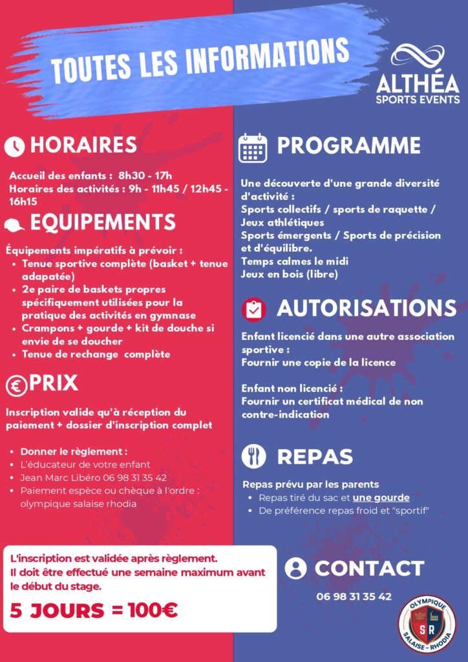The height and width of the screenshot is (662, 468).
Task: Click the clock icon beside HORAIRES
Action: coord(14,147)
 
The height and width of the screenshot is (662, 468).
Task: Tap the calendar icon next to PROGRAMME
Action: coord(252,148)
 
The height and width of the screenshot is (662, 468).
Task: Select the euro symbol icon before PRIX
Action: coord(16,386)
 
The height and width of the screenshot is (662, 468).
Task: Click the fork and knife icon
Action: coord(253,456)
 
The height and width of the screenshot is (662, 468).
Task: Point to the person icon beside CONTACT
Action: coord(295,568)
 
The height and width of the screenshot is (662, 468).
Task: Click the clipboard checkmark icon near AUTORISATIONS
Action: coord(253,309)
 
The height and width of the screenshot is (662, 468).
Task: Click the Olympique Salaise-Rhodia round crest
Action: coord(427,621)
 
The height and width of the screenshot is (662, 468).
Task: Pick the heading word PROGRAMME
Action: coord(348,145)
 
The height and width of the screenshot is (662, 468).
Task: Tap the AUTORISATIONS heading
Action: coord(367,308)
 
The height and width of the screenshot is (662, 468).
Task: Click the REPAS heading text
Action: coord(315,456)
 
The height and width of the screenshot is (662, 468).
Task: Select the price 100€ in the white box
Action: coord(153,610)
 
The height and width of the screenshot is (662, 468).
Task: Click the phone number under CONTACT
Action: coord(354,597)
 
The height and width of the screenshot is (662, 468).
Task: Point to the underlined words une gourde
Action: coord(381,498)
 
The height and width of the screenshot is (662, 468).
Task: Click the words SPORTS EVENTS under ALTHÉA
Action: coord(418,100)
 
